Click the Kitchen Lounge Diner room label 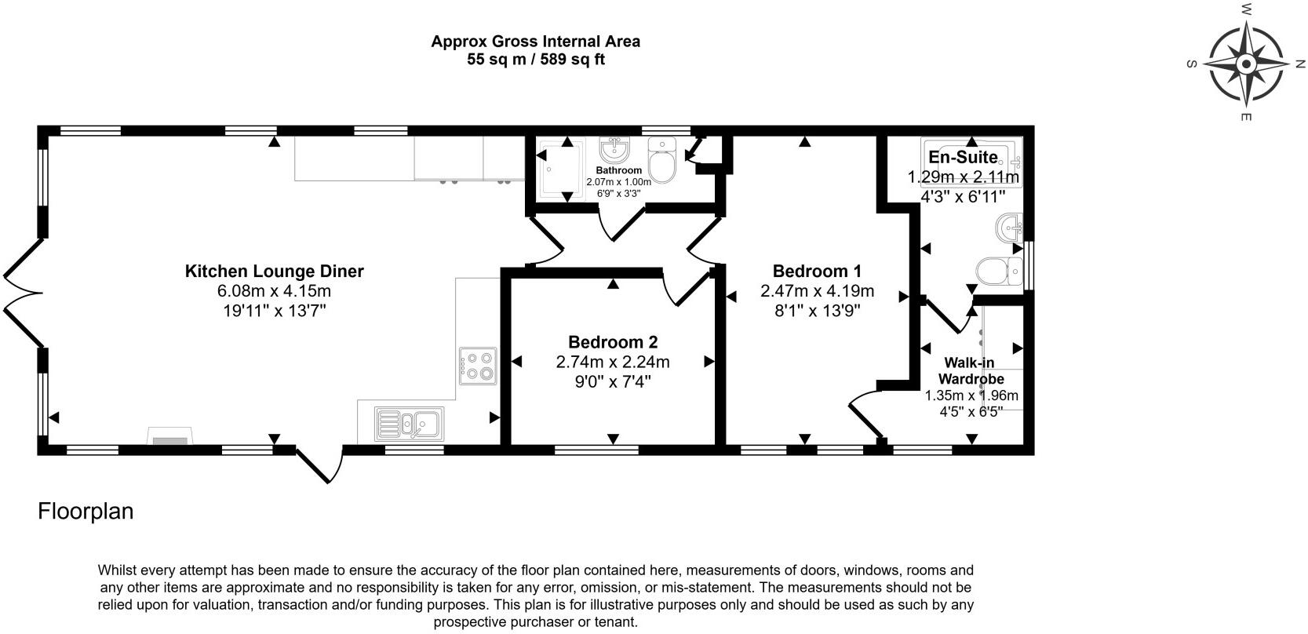274,271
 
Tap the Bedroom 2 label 613,342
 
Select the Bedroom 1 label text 817,271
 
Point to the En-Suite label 963,157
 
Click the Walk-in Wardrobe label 972,370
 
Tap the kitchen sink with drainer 408,424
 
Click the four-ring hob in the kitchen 478,366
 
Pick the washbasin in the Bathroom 614,149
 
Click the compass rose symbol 1246,64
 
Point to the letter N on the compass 1299,63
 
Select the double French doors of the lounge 22,293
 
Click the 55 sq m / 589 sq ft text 535,60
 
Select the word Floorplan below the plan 86,512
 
